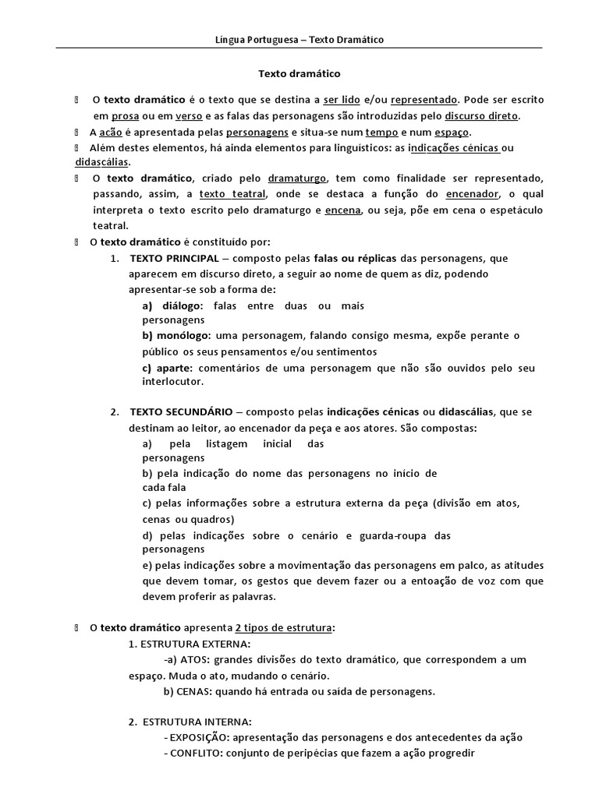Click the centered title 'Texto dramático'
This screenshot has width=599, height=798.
tap(299, 73)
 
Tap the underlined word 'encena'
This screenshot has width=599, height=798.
tap(341, 210)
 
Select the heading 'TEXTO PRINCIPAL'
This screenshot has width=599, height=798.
tap(174, 258)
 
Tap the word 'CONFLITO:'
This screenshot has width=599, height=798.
tap(194, 753)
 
